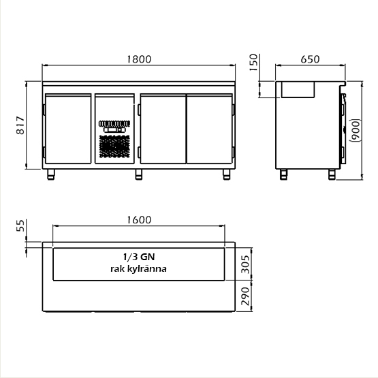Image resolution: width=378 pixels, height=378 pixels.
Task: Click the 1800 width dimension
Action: point(139,59)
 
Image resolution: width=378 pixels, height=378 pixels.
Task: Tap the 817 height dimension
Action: point(20,125)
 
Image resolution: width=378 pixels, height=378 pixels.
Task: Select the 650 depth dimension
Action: point(310,59)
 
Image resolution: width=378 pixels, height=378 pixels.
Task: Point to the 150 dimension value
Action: point(253,62)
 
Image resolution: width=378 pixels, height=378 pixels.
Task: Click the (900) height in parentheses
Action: point(356,130)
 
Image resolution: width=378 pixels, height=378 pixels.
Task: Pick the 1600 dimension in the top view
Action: point(139,220)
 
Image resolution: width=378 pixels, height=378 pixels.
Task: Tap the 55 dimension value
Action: point(20,225)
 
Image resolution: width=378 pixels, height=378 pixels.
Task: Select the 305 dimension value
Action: point(245,264)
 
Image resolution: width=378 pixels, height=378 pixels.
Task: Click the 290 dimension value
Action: point(245,296)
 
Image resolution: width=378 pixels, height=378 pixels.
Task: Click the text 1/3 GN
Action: point(139,257)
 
